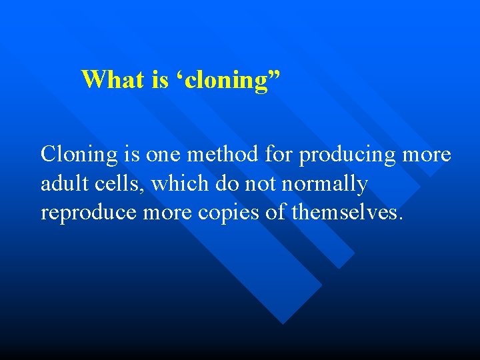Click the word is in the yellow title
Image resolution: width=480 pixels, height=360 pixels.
(x=160, y=79)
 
